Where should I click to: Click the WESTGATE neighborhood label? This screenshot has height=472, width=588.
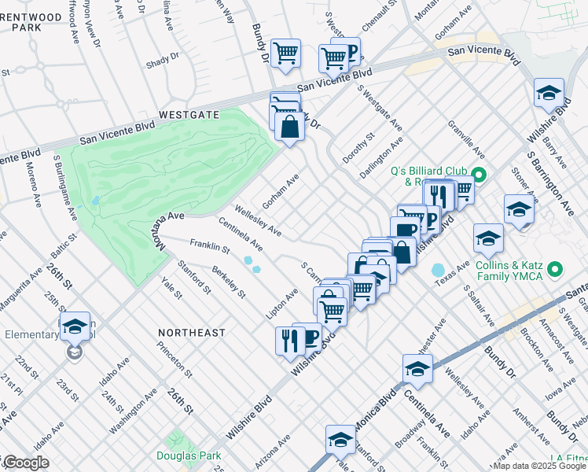(x=189, y=114)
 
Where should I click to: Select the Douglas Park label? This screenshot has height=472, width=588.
(x=189, y=455)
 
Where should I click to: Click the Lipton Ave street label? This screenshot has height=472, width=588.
(x=282, y=304)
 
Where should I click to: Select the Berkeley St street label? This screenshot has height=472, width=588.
(x=230, y=283)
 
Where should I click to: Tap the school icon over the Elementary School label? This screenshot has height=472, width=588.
(x=75, y=326)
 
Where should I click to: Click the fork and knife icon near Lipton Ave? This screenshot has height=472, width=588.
(x=288, y=339)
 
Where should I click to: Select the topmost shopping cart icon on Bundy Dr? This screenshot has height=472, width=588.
(x=285, y=53)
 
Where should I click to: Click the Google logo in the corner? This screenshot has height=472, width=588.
(x=25, y=463)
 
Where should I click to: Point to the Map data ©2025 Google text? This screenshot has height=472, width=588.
(x=538, y=466)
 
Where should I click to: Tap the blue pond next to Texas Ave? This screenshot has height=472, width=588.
(x=438, y=271)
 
